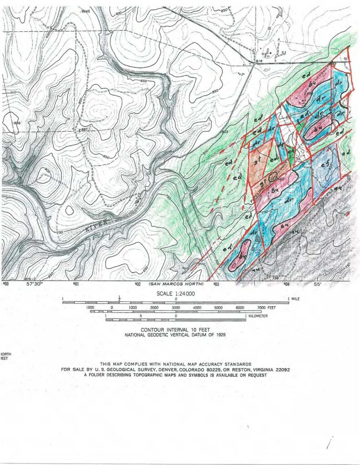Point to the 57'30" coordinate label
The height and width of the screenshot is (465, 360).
35,284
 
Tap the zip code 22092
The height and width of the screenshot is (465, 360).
280,370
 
